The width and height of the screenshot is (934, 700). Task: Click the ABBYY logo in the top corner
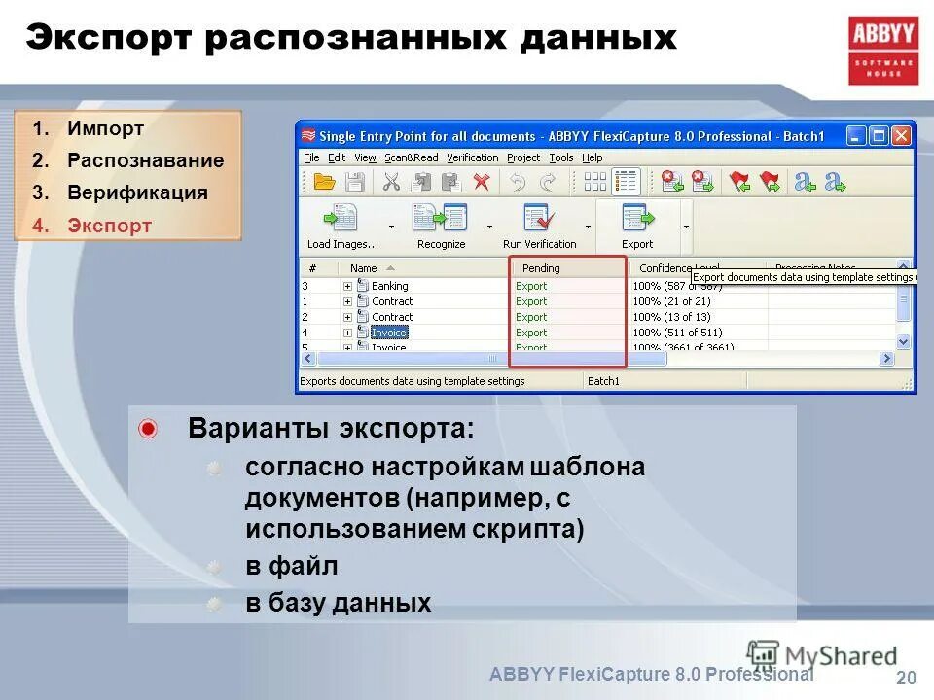882,51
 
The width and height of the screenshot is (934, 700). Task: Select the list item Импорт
105,128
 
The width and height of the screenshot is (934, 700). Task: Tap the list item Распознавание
145,160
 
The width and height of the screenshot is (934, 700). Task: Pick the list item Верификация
137,192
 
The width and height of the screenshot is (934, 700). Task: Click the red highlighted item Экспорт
109,226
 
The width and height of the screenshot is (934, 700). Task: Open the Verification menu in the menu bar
472,157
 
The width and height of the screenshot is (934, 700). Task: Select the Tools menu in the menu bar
561,157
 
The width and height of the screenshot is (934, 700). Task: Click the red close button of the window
902,135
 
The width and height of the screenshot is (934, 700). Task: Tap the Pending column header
541,268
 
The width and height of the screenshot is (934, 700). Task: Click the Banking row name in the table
390,286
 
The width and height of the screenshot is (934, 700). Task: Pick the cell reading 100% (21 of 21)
671,301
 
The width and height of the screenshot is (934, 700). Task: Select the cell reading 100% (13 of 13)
671,317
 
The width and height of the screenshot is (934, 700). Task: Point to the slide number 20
905,679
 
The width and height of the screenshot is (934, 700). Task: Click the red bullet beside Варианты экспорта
147,429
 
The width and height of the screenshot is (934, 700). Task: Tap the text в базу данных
338,603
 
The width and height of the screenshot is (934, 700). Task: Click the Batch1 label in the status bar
603,381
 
